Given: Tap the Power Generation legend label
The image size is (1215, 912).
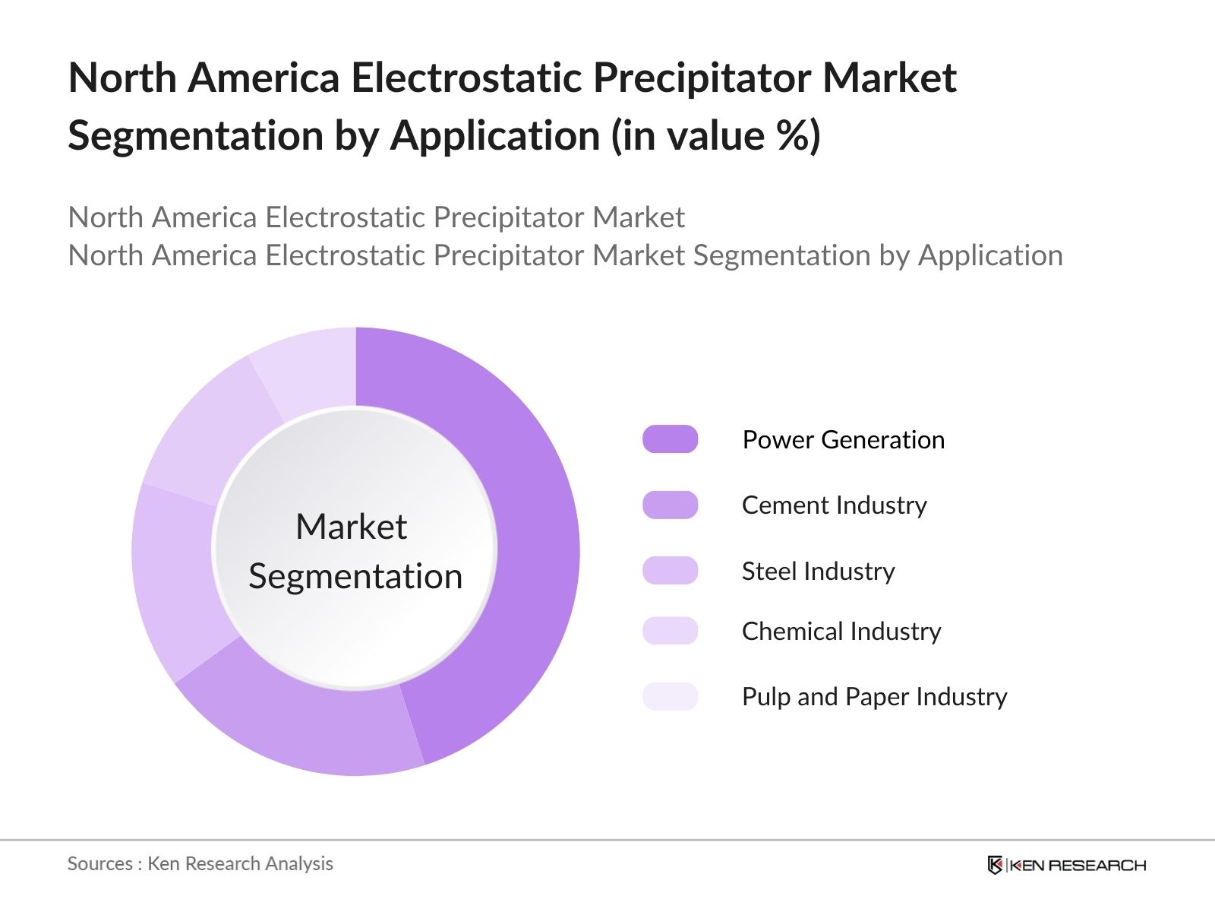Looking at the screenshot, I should pyautogui.click(x=843, y=440).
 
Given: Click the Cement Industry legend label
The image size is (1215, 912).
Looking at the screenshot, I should pyautogui.click(x=834, y=505).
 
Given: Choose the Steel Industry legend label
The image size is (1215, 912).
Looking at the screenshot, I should pyautogui.click(x=818, y=572).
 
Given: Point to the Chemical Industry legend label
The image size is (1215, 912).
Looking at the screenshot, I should pyautogui.click(x=841, y=632).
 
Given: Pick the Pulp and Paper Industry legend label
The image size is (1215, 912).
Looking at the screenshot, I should pyautogui.click(x=874, y=697).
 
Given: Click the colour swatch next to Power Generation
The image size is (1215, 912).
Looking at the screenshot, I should pyautogui.click(x=670, y=439).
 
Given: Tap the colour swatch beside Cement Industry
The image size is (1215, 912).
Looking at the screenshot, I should pyautogui.click(x=670, y=505).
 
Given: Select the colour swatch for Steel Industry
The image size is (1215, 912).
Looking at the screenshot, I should pyautogui.click(x=670, y=571).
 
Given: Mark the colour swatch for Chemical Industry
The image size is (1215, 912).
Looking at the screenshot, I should pyautogui.click(x=670, y=631).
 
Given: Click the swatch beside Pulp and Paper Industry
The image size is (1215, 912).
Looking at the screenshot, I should pyautogui.click(x=670, y=696).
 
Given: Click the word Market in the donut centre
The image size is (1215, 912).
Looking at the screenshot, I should pyautogui.click(x=351, y=527).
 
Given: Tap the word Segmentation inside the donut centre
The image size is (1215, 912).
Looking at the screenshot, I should pyautogui.click(x=355, y=576).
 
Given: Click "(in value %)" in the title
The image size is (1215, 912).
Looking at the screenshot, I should pyautogui.click(x=715, y=136).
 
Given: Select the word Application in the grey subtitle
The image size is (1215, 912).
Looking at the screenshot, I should pyautogui.click(x=990, y=255).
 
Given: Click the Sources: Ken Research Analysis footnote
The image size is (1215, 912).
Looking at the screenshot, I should pyautogui.click(x=200, y=863).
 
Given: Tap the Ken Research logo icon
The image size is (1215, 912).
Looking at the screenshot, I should pyautogui.click(x=995, y=865).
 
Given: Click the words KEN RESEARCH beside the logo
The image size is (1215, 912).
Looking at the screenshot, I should pyautogui.click(x=1078, y=865).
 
